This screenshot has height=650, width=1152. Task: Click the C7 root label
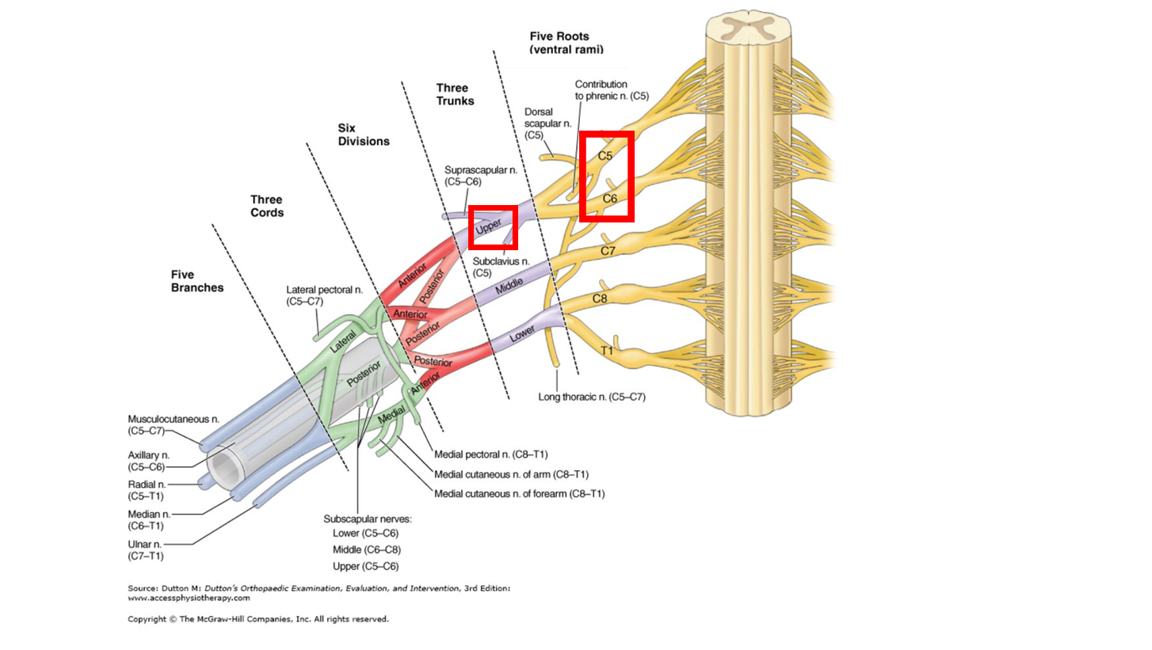[608, 251]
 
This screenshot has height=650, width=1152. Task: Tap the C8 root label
[601, 299]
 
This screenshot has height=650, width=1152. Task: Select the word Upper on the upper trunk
[489, 227]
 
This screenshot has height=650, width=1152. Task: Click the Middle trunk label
[509, 290]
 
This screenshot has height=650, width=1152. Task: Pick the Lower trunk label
[523, 336]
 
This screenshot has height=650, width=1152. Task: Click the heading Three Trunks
[455, 94]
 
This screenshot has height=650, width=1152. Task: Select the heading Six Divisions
[363, 134]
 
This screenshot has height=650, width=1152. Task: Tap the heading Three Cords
[266, 206]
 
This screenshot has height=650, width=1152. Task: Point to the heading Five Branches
[197, 281]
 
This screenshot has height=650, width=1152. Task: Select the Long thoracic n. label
[591, 397]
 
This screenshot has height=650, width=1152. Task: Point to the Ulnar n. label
[146, 549]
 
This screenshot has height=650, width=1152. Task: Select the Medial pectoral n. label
[491, 454]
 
